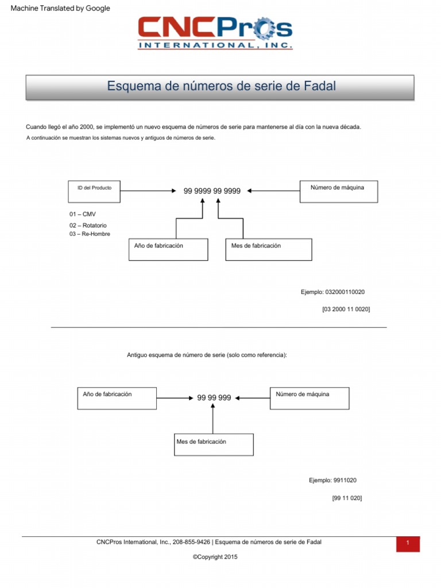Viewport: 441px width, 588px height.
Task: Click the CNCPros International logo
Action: [x=215, y=33]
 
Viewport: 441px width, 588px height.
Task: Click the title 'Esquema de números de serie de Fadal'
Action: [x=221, y=87]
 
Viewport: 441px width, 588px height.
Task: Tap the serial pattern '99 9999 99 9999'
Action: [x=212, y=191]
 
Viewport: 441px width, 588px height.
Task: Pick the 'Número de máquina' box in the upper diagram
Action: [x=338, y=191]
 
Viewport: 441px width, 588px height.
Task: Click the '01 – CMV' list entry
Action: [x=83, y=214]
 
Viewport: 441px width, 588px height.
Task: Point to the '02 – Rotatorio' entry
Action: [x=88, y=226]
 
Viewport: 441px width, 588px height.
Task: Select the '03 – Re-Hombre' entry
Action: [x=90, y=234]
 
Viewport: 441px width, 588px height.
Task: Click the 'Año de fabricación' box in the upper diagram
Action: [x=168, y=249]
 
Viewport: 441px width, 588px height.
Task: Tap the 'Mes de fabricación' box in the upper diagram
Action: [x=268, y=249]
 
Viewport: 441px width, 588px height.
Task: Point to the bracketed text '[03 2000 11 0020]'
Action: [x=346, y=310]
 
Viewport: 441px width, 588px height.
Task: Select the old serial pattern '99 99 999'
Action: [x=214, y=398]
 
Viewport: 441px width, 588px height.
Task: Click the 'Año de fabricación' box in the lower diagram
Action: [x=116, y=398]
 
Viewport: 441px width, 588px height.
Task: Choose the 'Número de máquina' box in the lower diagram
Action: [x=309, y=398]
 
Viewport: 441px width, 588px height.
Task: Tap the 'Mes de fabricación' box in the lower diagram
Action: [x=214, y=444]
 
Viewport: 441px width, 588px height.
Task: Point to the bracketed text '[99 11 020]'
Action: [x=347, y=498]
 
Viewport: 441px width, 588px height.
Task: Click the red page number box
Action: [x=407, y=544]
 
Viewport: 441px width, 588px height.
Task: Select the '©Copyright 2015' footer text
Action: [x=215, y=557]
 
